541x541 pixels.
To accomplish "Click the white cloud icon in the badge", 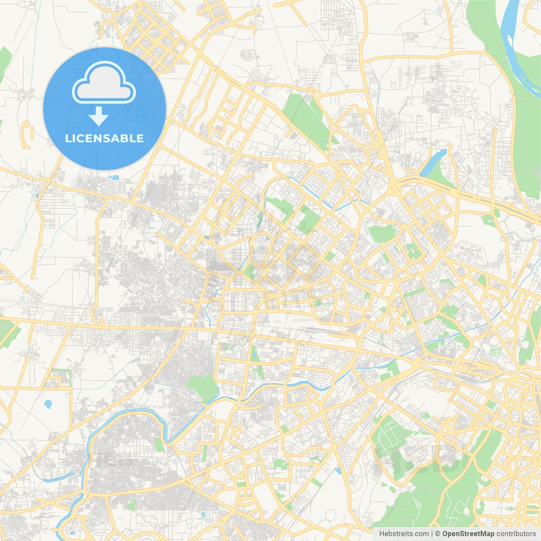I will click(104, 83).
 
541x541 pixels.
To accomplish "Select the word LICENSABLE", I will click(104, 138).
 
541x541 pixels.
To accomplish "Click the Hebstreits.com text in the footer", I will click(404, 534).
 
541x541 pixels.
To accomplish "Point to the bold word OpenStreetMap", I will click(468, 534).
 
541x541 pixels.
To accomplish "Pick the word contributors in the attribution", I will click(516, 534).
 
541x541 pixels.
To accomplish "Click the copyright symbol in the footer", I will click(438, 534).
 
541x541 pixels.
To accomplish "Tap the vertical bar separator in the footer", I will click(432, 534).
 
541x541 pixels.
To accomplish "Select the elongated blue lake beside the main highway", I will click(433, 163).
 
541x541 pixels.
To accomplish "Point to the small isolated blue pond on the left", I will click(48, 404).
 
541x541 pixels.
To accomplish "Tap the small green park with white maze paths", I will click(495, 350).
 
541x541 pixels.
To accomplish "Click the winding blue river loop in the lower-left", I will click(127, 416).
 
